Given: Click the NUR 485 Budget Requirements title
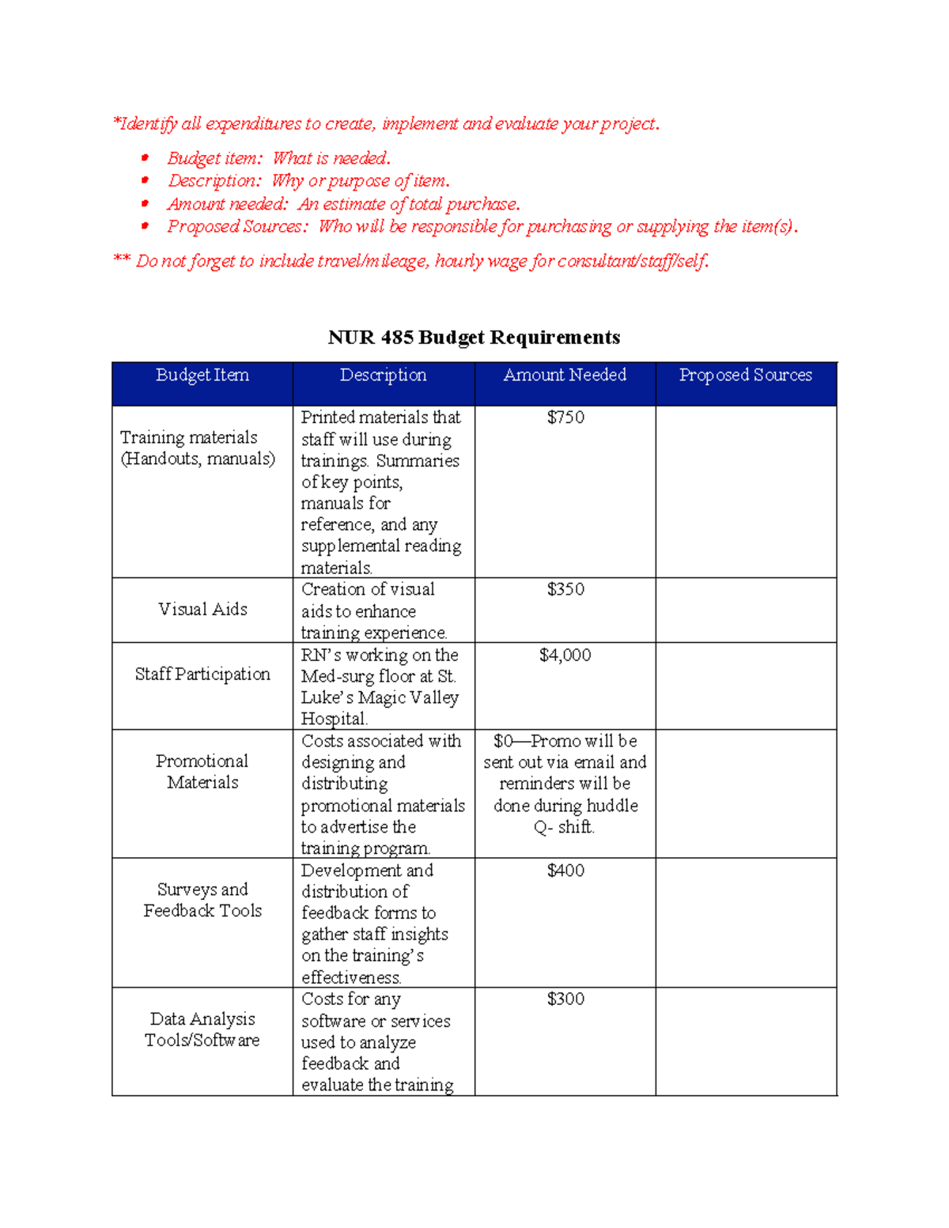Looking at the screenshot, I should click(x=474, y=338).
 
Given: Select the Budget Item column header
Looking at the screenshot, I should click(x=202, y=376).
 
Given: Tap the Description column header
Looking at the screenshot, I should click(x=384, y=376).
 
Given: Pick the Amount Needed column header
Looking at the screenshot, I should click(x=565, y=376).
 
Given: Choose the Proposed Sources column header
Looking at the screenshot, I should click(x=746, y=376).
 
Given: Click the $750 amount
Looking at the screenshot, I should click(x=565, y=418).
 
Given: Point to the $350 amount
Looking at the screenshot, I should click(x=565, y=590).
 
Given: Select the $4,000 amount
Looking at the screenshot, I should click(x=565, y=656).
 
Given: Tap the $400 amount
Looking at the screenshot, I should click(x=565, y=871).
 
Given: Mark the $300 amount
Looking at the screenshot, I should click(x=565, y=999).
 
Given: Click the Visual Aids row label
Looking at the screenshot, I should click(x=202, y=610).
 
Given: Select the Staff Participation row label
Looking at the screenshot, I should click(x=202, y=674).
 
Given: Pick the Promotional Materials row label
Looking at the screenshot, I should click(x=202, y=772).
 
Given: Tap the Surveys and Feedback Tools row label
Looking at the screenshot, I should click(x=202, y=900).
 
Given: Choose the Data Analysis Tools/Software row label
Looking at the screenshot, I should click(x=202, y=1030).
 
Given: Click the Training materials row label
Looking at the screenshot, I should click(x=198, y=448).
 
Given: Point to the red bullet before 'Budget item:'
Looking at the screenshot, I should click(x=146, y=158).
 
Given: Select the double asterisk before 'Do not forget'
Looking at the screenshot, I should click(x=121, y=259).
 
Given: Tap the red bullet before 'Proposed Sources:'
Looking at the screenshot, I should click(x=146, y=226).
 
